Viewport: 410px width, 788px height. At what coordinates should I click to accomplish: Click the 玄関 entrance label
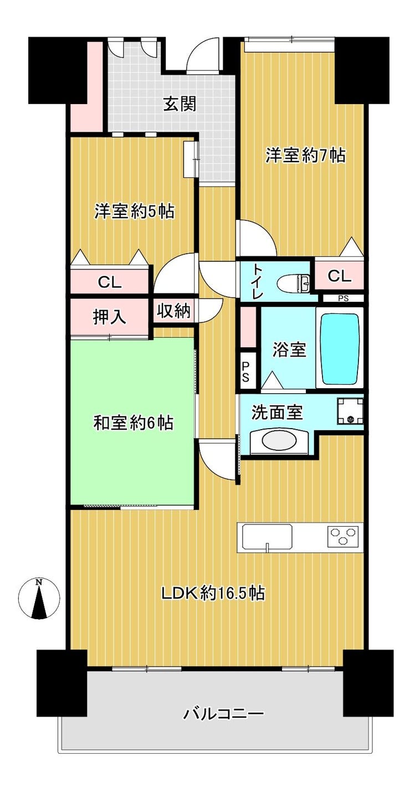click(x=180, y=105)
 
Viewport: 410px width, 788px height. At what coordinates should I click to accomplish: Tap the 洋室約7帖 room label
click(x=305, y=155)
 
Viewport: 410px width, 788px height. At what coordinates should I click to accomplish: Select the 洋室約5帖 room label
click(x=134, y=212)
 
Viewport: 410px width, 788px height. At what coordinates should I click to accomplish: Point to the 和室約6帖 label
click(x=133, y=423)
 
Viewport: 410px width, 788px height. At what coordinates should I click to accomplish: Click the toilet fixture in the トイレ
click(x=293, y=282)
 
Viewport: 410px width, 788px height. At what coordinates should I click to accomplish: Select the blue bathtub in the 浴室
click(x=340, y=349)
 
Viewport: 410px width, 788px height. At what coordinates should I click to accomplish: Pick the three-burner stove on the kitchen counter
click(x=343, y=536)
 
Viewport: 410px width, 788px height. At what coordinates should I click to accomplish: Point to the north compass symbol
click(x=39, y=598)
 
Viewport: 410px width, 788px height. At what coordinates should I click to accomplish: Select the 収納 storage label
click(x=173, y=311)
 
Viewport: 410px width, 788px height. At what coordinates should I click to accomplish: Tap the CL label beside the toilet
click(x=339, y=276)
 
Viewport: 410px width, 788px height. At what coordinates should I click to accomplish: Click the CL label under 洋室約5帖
click(x=110, y=282)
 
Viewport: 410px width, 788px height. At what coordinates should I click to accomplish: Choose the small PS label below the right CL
click(x=344, y=298)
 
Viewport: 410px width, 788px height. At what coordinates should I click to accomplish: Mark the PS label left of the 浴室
click(x=245, y=371)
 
